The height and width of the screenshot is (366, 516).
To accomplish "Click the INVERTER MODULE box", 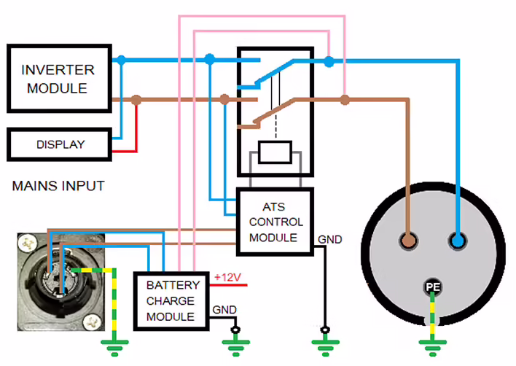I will click(x=58, y=79).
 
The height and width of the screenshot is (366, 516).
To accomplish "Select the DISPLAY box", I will click(x=60, y=144).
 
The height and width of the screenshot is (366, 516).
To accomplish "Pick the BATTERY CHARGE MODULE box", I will click(x=171, y=300).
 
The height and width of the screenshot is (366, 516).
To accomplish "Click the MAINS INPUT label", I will click(x=58, y=187).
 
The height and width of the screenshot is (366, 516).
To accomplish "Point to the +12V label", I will click(x=227, y=277).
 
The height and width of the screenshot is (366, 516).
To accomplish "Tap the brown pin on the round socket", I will click(x=409, y=241).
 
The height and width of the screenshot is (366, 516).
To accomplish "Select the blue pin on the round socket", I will click(x=458, y=241).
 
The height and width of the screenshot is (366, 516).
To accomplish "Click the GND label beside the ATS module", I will click(x=329, y=239).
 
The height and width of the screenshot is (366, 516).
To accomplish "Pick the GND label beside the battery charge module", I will click(x=224, y=310).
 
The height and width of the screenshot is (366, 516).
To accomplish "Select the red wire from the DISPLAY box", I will click(x=125, y=151).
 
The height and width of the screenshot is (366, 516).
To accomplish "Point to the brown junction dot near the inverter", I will click(x=136, y=100).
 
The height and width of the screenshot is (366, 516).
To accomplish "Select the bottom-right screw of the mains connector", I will click(x=91, y=320).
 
